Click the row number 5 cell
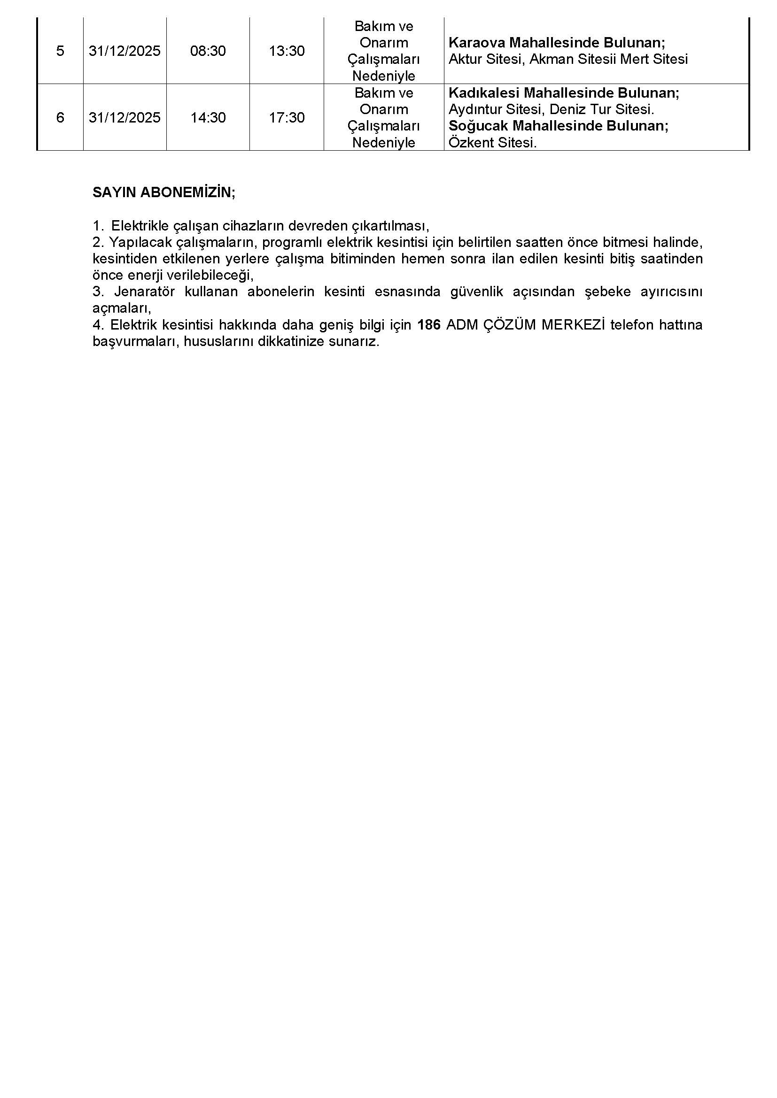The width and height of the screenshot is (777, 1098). pyautogui.click(x=60, y=51)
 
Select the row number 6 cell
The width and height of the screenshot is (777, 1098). pyautogui.click(x=60, y=118)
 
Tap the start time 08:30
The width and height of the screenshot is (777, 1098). pyautogui.click(x=208, y=51)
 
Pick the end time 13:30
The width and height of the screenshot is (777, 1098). pyautogui.click(x=287, y=51)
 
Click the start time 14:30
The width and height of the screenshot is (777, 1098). pyautogui.click(x=208, y=118)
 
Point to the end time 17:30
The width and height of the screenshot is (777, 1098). pyautogui.click(x=287, y=118)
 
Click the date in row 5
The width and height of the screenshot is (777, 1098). pyautogui.click(x=125, y=51)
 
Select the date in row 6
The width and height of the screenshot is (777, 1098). pyautogui.click(x=125, y=118)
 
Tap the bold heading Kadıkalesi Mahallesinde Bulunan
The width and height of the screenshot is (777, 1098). pyautogui.click(x=564, y=93)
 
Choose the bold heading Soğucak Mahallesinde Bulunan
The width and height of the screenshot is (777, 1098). pyautogui.click(x=559, y=126)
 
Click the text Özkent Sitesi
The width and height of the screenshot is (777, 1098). pyautogui.click(x=493, y=143)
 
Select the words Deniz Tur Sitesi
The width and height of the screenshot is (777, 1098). pyautogui.click(x=601, y=109)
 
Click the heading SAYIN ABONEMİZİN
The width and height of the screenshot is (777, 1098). pyautogui.click(x=163, y=193)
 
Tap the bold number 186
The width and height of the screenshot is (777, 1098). pyautogui.click(x=429, y=325)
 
